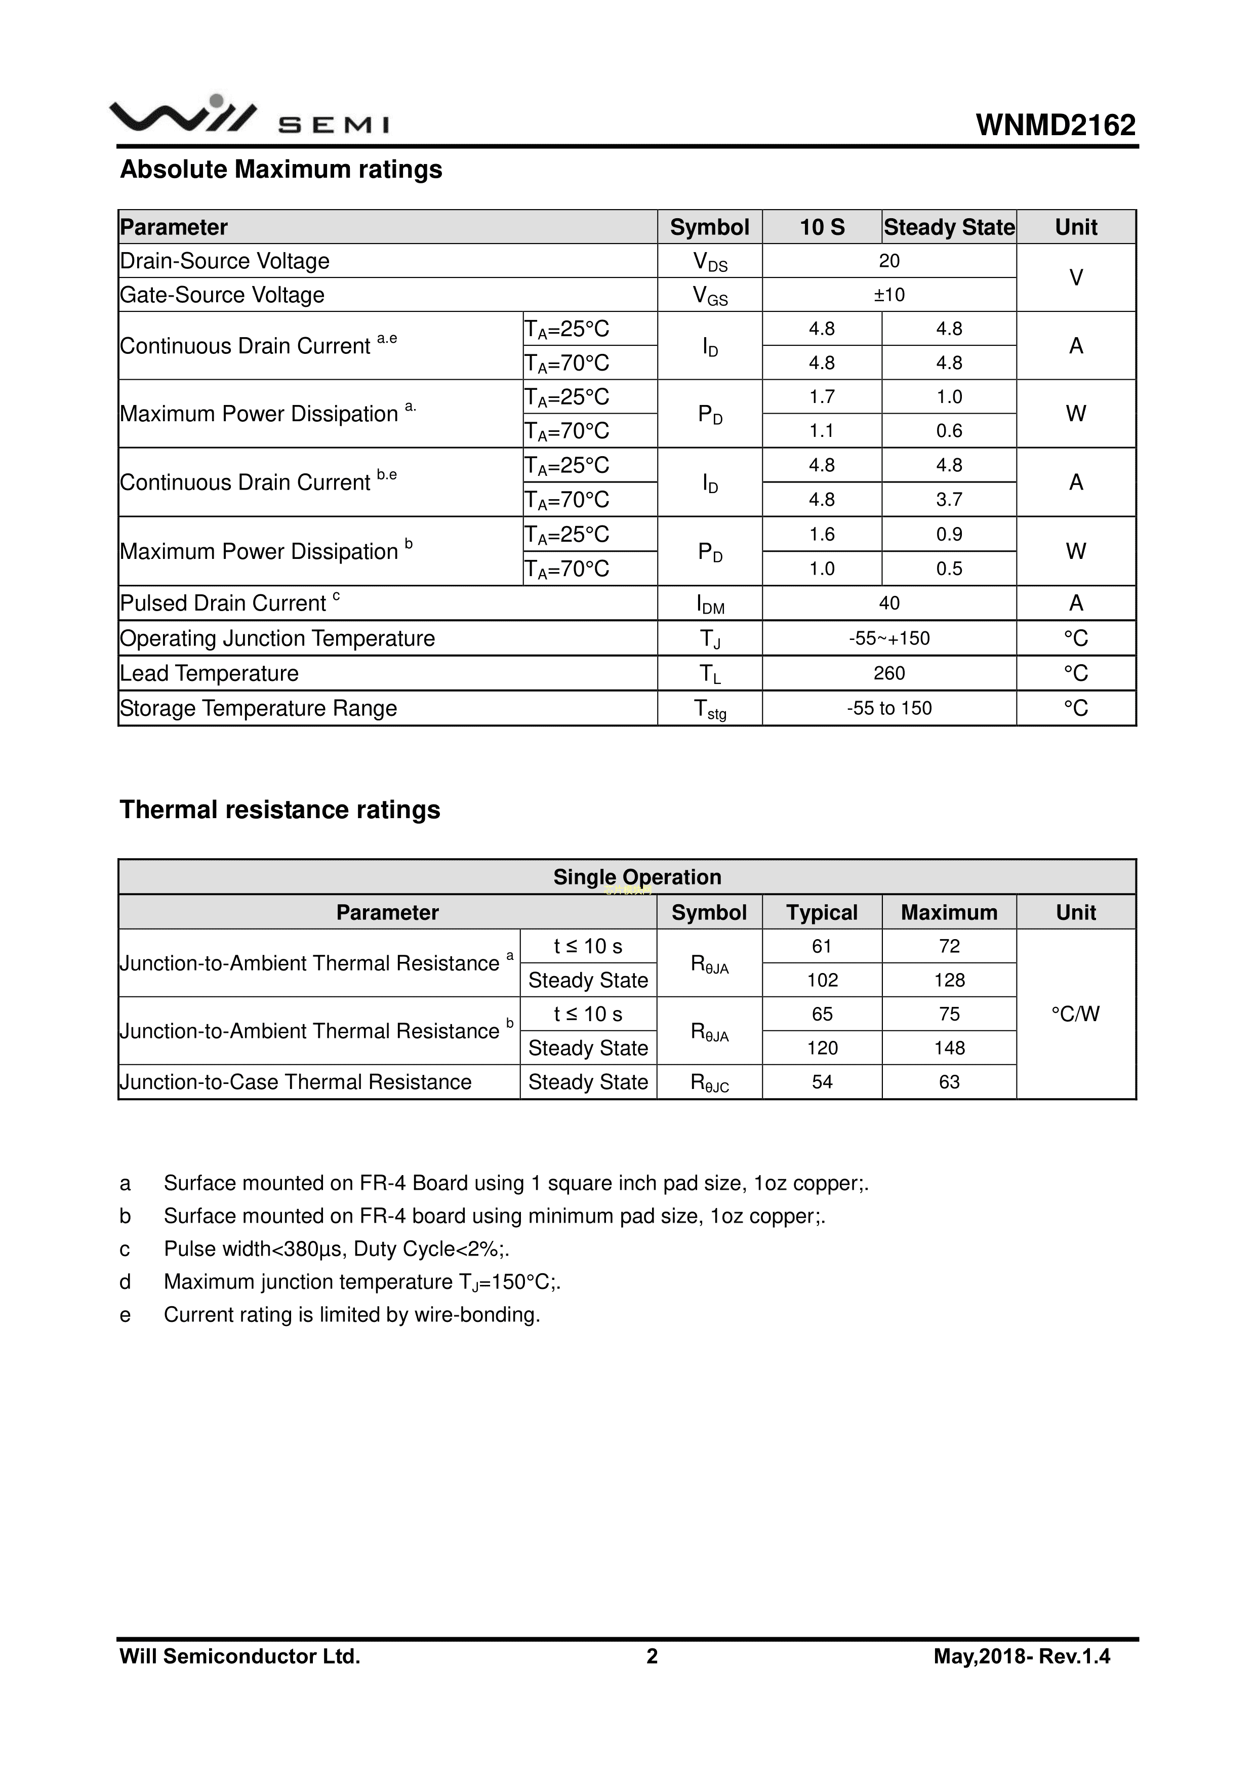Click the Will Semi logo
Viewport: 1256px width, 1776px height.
249,117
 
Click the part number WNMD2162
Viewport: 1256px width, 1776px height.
1056,126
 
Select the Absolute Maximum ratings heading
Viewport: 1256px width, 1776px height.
281,170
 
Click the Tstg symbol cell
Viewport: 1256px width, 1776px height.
710,709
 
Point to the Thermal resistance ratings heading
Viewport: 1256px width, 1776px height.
279,810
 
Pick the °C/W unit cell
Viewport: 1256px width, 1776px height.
1075,1014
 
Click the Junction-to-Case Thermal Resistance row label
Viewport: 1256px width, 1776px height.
296,1082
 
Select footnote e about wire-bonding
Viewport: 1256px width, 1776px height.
351,1315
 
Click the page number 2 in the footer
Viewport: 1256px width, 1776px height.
652,1656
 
